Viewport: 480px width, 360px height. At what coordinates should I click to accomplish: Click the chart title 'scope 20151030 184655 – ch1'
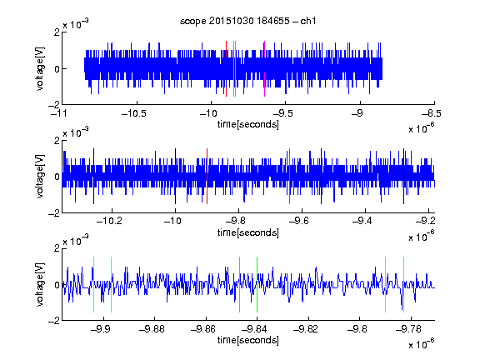(247, 21)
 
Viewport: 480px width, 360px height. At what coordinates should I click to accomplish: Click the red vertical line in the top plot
(226, 68)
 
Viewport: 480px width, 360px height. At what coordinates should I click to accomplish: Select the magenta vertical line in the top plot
(264, 68)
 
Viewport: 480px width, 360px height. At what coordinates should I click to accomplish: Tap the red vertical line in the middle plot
(207, 176)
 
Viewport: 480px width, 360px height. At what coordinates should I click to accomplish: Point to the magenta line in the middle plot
(289, 176)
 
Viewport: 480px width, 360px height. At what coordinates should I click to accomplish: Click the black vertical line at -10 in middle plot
(175, 176)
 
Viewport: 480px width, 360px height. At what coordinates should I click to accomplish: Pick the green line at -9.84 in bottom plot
(257, 284)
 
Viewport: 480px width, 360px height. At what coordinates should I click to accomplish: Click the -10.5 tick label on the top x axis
(134, 113)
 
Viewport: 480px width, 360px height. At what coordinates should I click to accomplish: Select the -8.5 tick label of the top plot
(432, 113)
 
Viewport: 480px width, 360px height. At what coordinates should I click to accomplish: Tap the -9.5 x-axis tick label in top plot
(282, 113)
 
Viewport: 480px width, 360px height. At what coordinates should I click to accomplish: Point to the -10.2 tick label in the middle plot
(109, 221)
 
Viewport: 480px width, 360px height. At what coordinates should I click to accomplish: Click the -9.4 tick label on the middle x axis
(362, 221)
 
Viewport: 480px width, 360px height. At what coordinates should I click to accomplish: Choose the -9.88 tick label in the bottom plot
(152, 329)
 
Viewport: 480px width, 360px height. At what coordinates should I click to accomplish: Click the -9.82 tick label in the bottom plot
(306, 329)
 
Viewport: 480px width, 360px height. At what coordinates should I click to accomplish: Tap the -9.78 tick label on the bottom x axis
(408, 329)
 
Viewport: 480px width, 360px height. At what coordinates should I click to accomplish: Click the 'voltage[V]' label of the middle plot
(40, 177)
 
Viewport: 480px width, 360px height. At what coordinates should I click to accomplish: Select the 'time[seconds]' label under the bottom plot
(248, 340)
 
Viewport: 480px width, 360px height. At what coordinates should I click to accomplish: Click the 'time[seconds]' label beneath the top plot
(248, 124)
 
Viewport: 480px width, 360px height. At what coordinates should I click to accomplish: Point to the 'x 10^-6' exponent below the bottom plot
(422, 344)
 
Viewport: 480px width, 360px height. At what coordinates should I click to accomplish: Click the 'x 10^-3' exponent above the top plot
(76, 24)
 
